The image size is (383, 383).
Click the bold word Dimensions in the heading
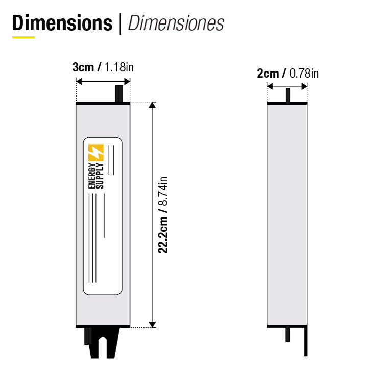[62, 23]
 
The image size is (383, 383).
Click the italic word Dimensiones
[176, 23]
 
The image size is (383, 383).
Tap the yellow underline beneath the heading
[23, 37]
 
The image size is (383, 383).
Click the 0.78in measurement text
[304, 74]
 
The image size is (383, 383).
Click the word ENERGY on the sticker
[92, 177]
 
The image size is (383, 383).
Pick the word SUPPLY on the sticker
[100, 177]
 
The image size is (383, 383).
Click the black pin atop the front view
[119, 93]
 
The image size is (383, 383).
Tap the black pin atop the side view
[288, 95]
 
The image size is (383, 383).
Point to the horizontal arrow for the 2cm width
[287, 86]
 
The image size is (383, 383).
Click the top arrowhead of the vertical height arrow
[152, 105]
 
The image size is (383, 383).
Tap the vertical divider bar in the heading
[121, 23]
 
